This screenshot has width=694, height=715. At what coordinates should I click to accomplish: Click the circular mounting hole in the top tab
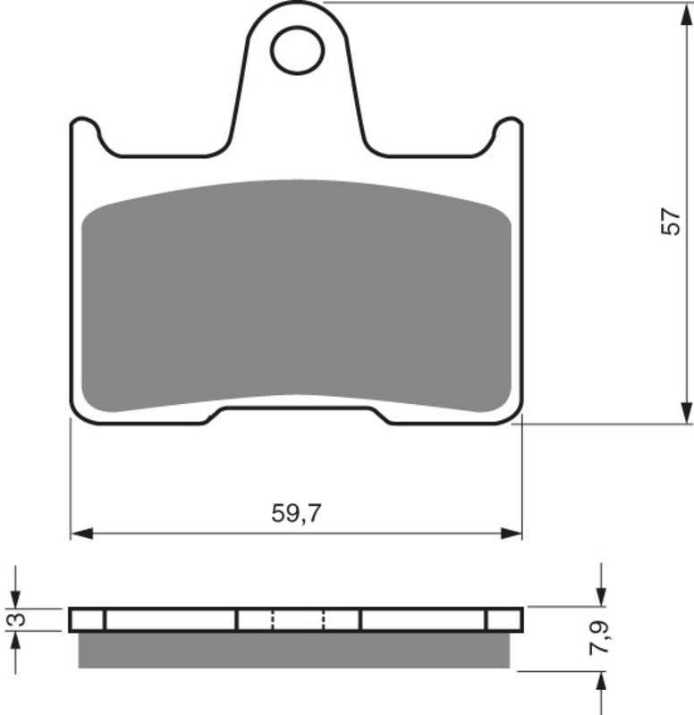tap(297, 50)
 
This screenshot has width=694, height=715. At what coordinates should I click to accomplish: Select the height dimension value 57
tap(671, 222)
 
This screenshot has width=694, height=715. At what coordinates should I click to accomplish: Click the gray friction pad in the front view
tap(296, 295)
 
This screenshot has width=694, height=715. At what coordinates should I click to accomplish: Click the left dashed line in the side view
tap(273, 619)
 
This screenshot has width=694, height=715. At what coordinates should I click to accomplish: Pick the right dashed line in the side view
tap(324, 619)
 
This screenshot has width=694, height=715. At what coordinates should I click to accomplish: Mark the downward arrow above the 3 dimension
tap(15, 597)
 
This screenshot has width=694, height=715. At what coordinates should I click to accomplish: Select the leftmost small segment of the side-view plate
tap(88, 619)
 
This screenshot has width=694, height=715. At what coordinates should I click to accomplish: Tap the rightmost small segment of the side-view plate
tap(504, 619)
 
